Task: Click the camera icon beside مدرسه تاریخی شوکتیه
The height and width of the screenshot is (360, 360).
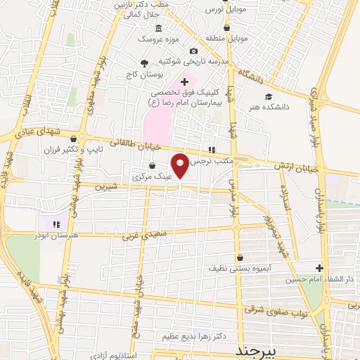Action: [x=193, y=51]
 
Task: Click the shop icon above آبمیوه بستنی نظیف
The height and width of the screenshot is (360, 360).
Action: [x=240, y=257]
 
